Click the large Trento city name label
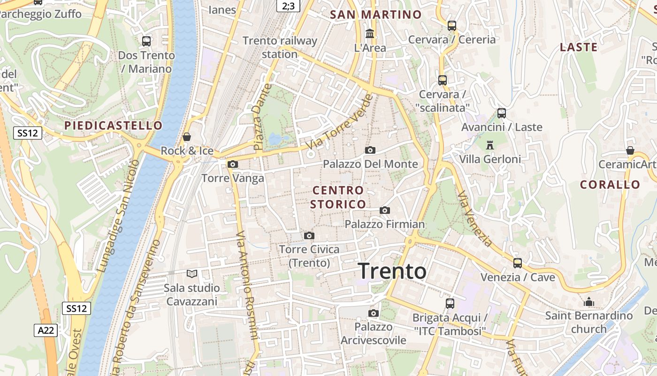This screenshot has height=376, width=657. pyautogui.click(x=392, y=272)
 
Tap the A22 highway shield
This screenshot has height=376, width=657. pyautogui.click(x=46, y=330)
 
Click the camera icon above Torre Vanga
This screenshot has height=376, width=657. pyautogui.click(x=232, y=164)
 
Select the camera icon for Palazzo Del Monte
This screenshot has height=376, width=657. pyautogui.click(x=370, y=150)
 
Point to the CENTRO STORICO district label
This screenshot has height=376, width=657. pyautogui.click(x=338, y=197)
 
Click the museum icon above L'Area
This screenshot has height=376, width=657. pyautogui.click(x=370, y=34)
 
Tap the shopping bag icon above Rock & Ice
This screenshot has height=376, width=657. pyautogui.click(x=187, y=137)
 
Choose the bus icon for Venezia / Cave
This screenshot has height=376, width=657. pyautogui.click(x=518, y=263)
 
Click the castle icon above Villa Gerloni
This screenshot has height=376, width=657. pyautogui.click(x=490, y=144)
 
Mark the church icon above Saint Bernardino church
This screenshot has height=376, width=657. pyautogui.click(x=589, y=302)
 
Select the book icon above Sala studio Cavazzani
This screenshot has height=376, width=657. pyautogui.click(x=191, y=274)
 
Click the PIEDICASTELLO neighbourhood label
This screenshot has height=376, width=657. pyautogui.click(x=113, y=125)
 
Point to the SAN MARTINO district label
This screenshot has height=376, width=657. pyautogui.click(x=376, y=15)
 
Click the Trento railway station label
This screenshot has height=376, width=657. pyautogui.click(x=280, y=47)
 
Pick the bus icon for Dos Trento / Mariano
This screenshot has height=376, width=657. pyautogui.click(x=146, y=41)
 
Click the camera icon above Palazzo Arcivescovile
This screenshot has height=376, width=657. pyautogui.click(x=374, y=313)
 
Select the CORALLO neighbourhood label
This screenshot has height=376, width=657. pyautogui.click(x=610, y=185)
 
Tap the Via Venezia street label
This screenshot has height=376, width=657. pyautogui.click(x=475, y=219)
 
